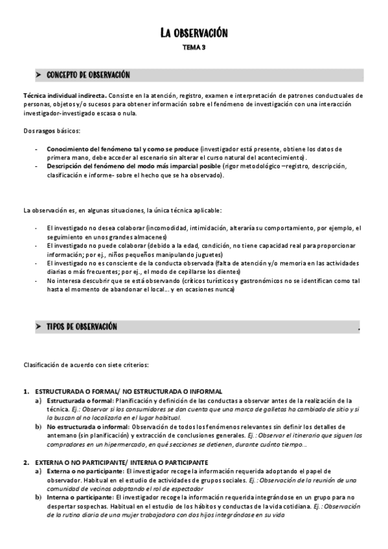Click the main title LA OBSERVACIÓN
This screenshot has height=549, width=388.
[194, 33]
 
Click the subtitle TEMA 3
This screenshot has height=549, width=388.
[194, 47]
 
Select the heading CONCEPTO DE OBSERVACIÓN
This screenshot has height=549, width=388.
[88, 75]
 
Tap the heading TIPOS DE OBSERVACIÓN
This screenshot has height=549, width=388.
[82, 327]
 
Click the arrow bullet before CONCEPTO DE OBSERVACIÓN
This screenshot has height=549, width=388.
[39, 75]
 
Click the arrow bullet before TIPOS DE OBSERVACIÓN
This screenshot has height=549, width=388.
[39, 327]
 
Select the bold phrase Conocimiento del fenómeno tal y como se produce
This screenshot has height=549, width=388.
[122, 149]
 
